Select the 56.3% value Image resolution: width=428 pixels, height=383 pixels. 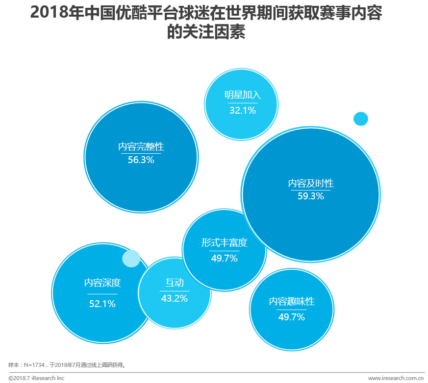click(x=141, y=160)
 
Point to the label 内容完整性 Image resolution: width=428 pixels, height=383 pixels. click(x=141, y=146)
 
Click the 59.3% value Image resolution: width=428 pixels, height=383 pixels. click(x=311, y=196)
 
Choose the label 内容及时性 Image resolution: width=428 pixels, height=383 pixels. click(x=311, y=183)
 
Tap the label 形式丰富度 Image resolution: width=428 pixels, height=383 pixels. click(x=224, y=243)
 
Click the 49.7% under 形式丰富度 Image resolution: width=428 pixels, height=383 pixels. click(x=224, y=258)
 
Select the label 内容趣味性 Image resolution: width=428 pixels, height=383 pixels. click(x=292, y=302)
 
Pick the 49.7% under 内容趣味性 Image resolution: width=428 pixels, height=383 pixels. click(x=292, y=317)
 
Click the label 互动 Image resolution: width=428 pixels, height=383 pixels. click(x=174, y=283)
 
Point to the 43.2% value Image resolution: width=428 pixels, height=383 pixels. click(x=174, y=298)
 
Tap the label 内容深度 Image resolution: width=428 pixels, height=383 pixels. click(x=102, y=283)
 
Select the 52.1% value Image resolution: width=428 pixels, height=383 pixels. click(x=102, y=304)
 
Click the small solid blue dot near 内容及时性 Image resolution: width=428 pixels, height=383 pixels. click(x=360, y=119)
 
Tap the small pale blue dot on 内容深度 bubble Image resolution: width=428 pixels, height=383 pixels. click(x=131, y=258)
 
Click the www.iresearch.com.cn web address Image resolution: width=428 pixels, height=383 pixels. click(x=396, y=378)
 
